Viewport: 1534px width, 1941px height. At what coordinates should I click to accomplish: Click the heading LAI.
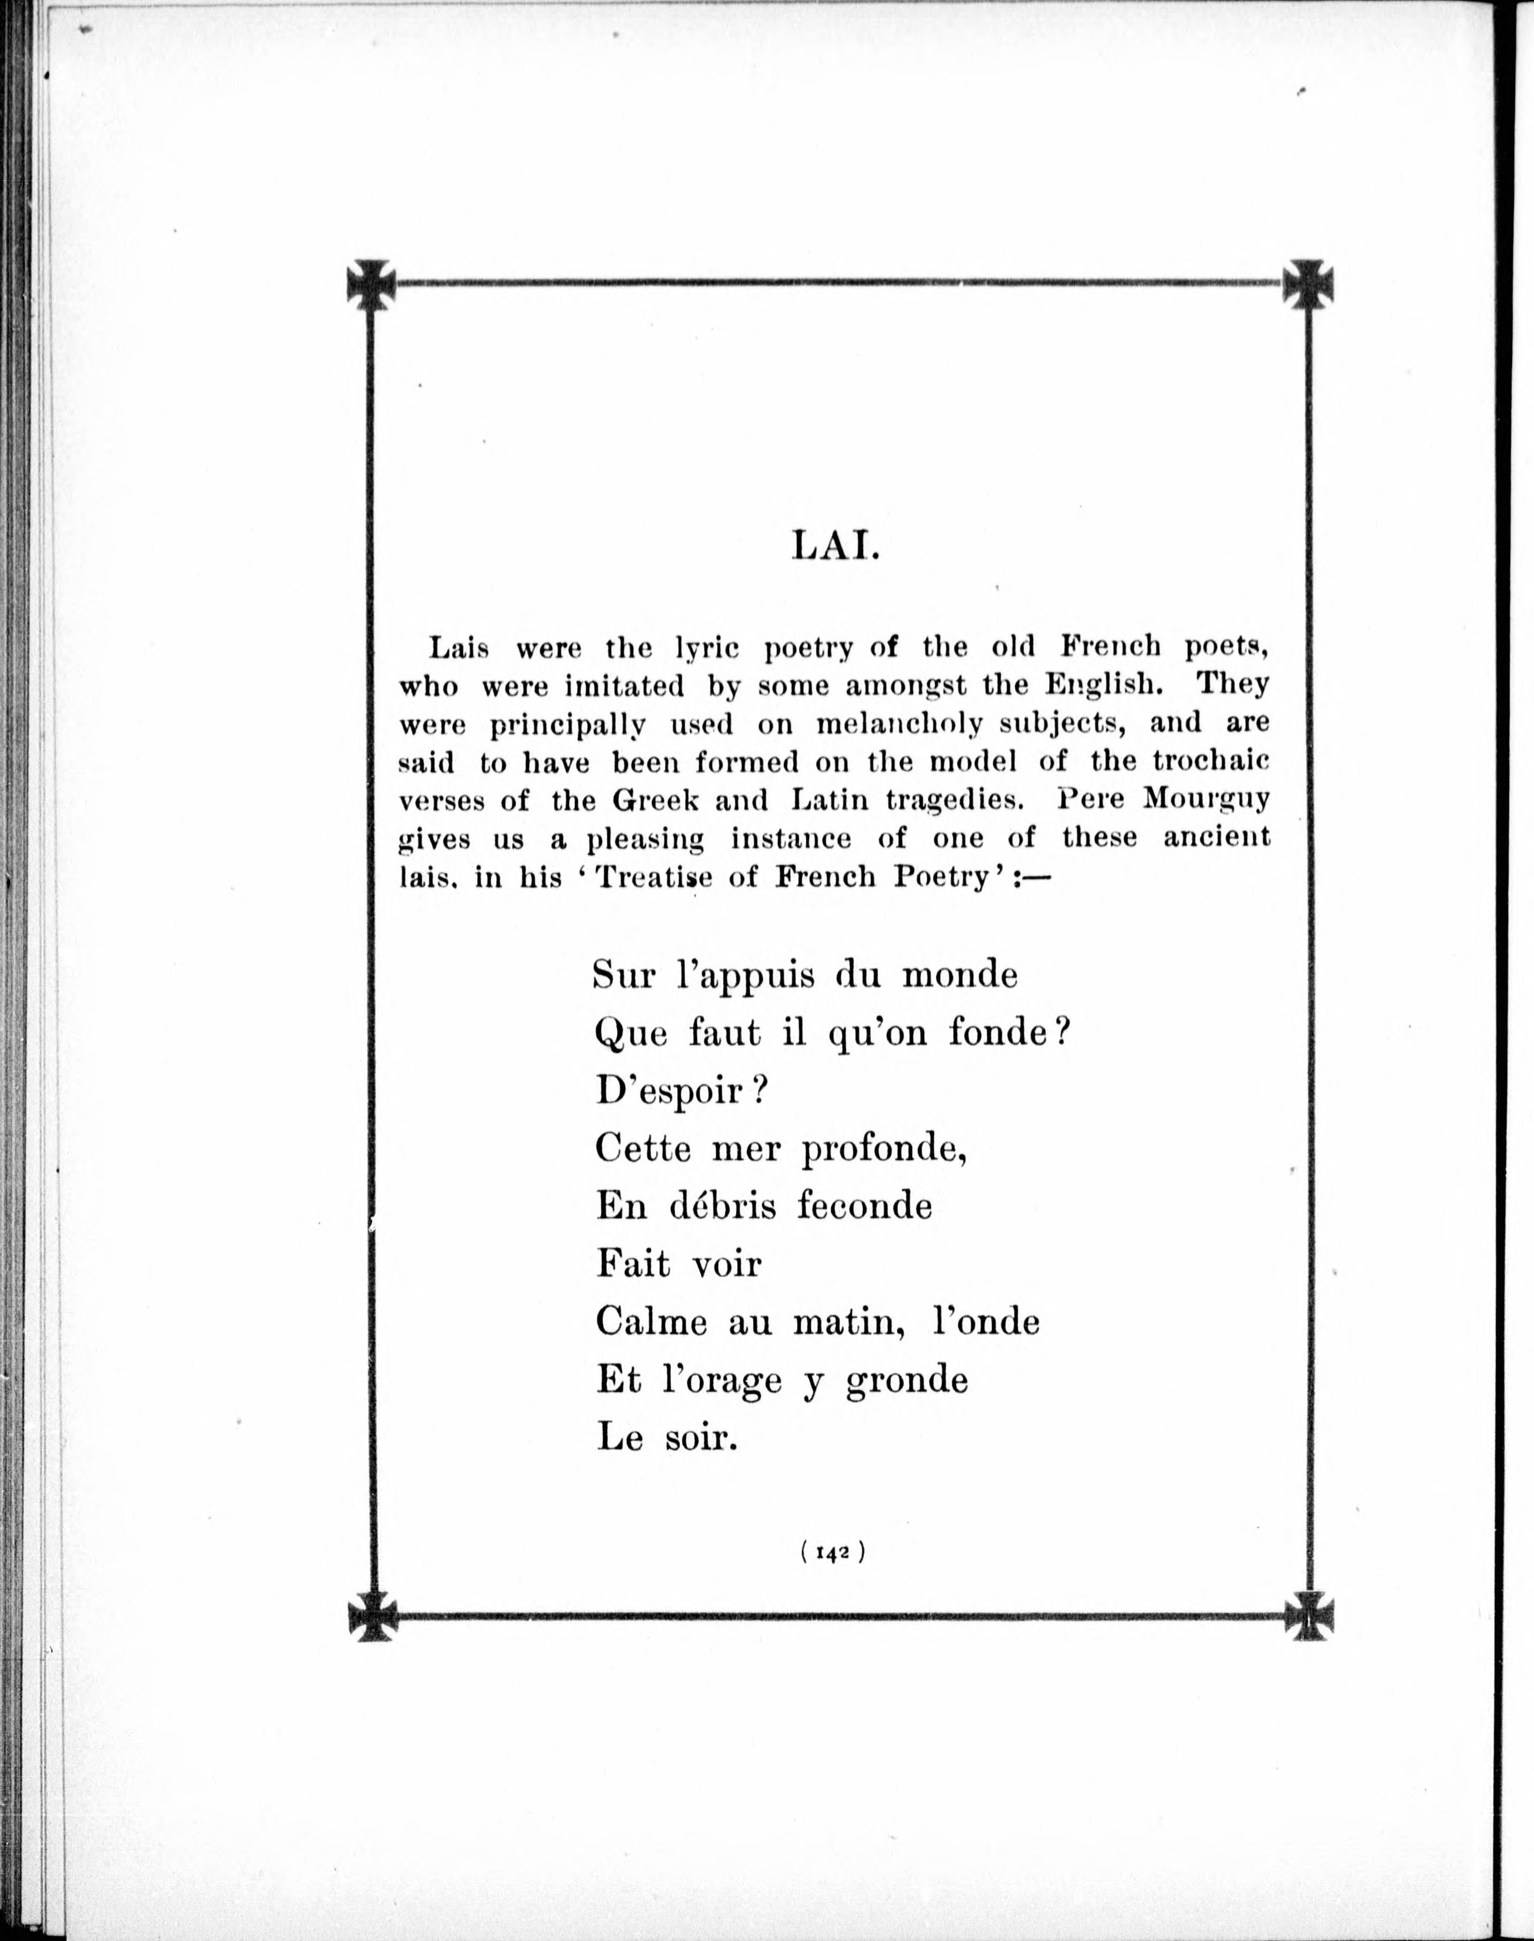pos(834,547)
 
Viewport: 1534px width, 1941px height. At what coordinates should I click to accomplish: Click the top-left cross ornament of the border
pos(371,284)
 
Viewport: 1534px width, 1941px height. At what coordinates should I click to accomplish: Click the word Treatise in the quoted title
pos(654,876)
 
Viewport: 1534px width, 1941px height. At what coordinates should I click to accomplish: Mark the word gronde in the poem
pos(906,1380)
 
